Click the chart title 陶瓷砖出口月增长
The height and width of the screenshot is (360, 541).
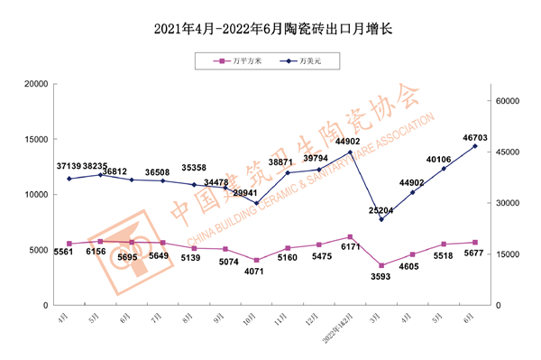[x=270, y=30]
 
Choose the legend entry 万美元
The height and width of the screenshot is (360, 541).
[x=301, y=61]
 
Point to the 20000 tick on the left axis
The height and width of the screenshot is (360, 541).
[x=35, y=84]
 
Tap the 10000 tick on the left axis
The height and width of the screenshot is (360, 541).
[x=35, y=195]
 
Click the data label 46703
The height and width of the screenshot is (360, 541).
[x=476, y=138]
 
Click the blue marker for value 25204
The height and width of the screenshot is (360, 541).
[x=381, y=219]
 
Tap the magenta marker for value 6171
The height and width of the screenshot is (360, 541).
[x=350, y=236]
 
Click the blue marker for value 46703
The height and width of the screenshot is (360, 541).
[x=475, y=146]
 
